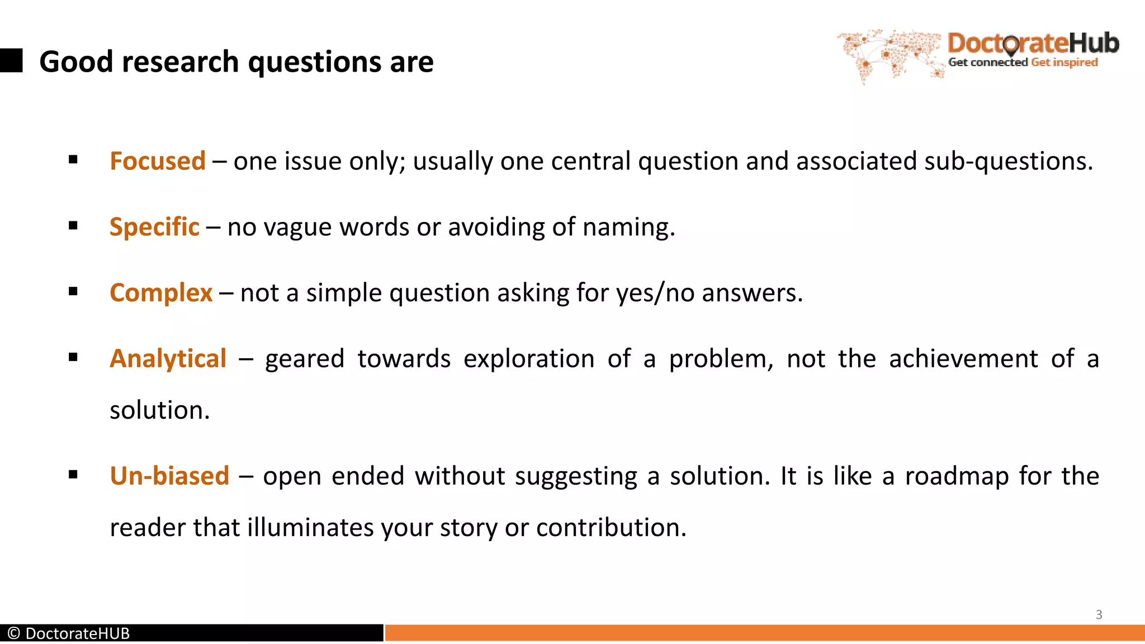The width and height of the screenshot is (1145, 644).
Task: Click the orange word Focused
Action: [x=158, y=161]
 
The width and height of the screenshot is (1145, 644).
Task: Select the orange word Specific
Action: [x=154, y=227]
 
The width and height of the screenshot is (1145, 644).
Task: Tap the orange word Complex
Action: [x=161, y=293]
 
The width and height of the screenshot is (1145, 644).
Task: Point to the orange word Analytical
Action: [x=168, y=358]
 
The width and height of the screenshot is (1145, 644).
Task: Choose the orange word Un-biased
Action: [x=169, y=476]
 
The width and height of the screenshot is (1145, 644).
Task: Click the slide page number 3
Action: [x=1099, y=614]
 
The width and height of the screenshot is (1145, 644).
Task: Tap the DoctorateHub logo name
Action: [x=1033, y=43]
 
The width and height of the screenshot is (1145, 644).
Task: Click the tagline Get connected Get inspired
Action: [x=1023, y=62]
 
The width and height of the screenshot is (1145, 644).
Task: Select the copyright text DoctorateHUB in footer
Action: [x=69, y=633]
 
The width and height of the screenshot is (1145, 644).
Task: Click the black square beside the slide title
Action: [x=11, y=60]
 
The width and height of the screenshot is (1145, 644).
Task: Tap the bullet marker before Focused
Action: [x=73, y=160]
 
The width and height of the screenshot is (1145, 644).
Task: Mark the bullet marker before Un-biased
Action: [x=73, y=475]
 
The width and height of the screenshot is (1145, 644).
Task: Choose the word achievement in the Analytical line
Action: [x=963, y=358]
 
